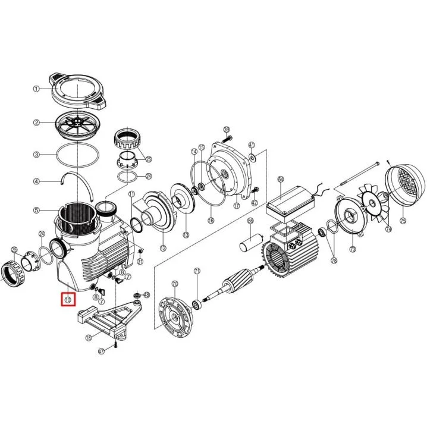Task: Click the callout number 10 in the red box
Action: (68, 299)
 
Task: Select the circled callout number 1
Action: (36, 89)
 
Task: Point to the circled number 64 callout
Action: (281, 179)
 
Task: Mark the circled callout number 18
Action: (89, 338)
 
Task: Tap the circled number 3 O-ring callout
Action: (36, 154)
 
